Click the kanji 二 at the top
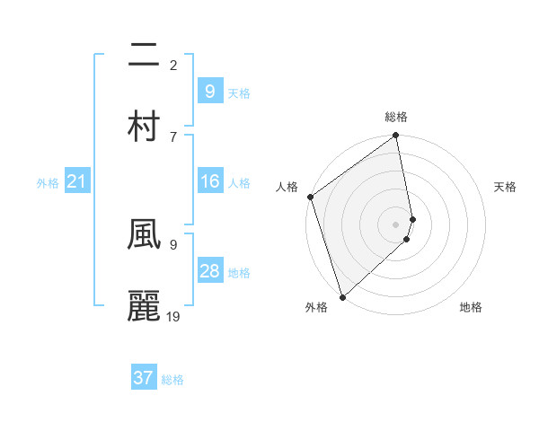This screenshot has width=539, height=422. coord(144,56)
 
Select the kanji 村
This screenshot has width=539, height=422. coord(144,126)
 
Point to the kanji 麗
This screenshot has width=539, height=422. coord(144,305)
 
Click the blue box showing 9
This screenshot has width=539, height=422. coord(209,91)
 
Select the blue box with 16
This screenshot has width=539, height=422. coord(209,181)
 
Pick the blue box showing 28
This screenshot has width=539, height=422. coord(209,271)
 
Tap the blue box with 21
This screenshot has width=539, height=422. coord(76,182)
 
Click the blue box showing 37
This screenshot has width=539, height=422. coord(144,378)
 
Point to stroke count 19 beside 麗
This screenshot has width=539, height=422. coord(173,315)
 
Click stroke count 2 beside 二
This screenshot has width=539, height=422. coord(173,65)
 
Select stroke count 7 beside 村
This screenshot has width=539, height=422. coord(173,136)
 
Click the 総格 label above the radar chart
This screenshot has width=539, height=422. coord(396,117)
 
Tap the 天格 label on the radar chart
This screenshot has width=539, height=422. coord(505,187)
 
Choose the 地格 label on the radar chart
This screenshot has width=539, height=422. coord(471,307)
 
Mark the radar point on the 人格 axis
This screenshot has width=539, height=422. coord(310,197)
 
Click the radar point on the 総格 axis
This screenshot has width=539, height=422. coord(396,136)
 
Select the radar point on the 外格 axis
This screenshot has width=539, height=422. coord(342,296)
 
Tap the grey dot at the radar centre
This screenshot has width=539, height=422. coord(396,224)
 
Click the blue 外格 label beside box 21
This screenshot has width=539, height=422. coord(48,183)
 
